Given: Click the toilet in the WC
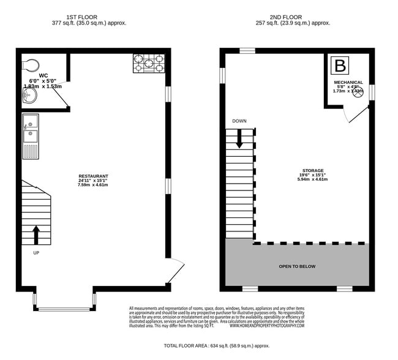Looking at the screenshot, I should [x=31, y=64].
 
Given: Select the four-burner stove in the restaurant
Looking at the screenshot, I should [x=149, y=64].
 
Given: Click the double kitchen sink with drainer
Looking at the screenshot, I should [x=31, y=136].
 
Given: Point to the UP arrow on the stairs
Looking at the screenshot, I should [x=36, y=234].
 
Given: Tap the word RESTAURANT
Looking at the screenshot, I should [x=93, y=176].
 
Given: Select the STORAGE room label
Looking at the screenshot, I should [x=312, y=170].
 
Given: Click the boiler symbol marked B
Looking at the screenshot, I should [x=339, y=66].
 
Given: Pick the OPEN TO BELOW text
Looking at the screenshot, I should [x=298, y=266].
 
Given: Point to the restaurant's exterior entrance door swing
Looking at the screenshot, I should [x=175, y=268].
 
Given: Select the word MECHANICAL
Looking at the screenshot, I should [x=348, y=82].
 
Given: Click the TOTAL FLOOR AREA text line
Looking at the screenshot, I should [x=217, y=346].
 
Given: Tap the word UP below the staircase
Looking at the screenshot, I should [x=36, y=252].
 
